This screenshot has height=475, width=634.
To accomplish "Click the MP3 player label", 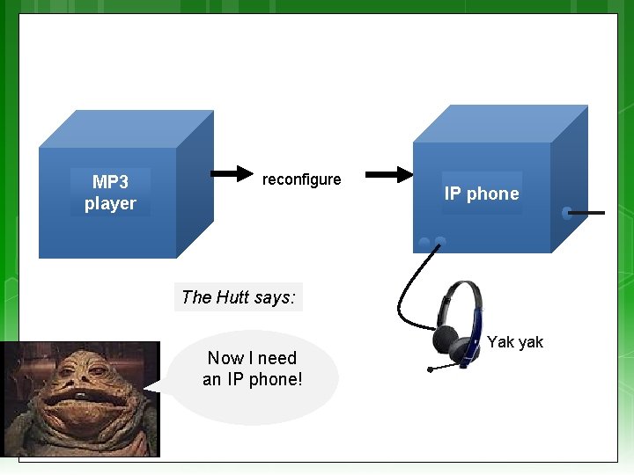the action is [110, 193].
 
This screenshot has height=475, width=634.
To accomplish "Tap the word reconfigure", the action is [301, 179].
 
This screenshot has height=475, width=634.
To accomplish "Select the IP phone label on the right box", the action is [482, 194].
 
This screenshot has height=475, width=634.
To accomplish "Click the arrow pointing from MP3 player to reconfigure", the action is [231, 173].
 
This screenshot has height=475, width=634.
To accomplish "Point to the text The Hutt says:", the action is [238, 297].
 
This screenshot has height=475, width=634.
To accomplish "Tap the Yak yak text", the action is [515, 342].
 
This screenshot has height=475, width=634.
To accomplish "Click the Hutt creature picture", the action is [80, 398].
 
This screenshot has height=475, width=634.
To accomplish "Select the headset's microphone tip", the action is [430, 369].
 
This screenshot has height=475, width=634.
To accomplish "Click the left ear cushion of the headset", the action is [446, 339].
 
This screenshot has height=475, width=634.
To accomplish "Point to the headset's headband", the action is [467, 290].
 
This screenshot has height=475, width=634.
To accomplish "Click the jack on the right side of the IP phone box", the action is [567, 213].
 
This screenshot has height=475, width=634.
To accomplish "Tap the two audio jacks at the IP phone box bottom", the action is [431, 242].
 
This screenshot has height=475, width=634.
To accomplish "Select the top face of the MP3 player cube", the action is [128, 128].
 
